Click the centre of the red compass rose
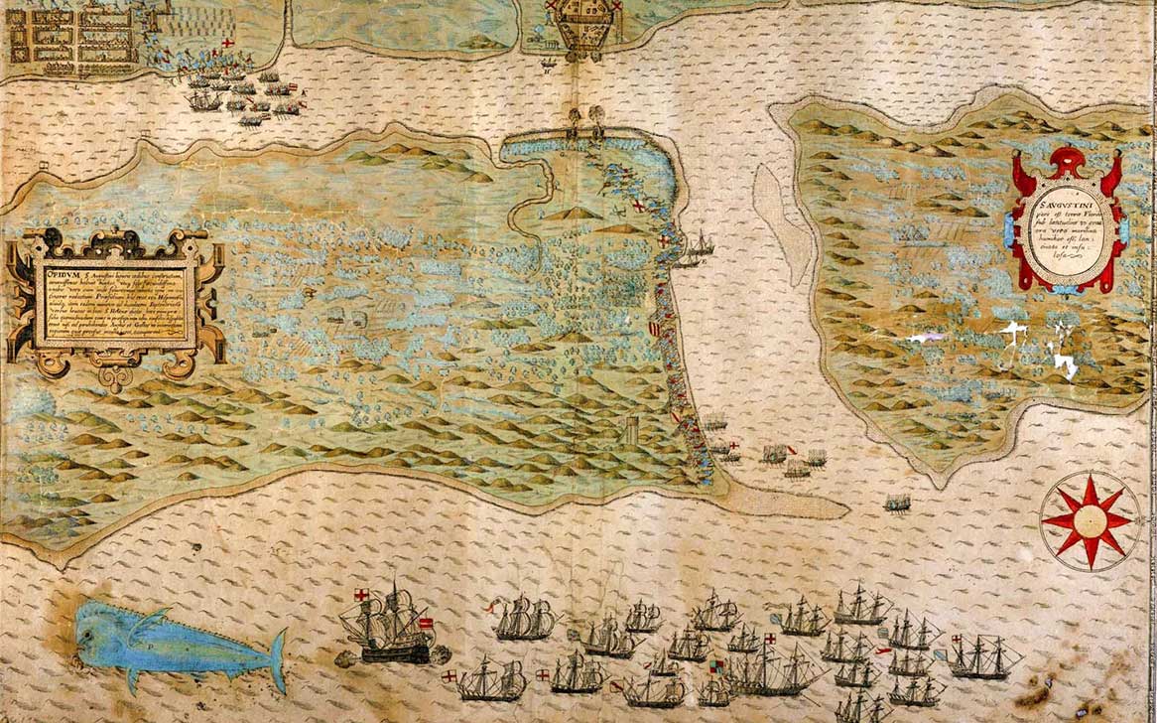(x=1090, y=520)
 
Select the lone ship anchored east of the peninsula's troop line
(x=697, y=248)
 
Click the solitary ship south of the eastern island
(x=897, y=504)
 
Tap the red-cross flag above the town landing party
(x=228, y=46)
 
